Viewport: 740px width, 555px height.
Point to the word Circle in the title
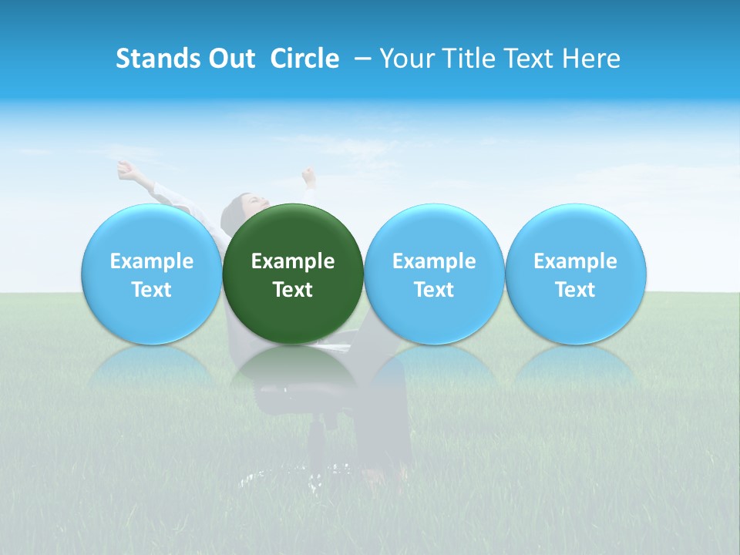coord(304,59)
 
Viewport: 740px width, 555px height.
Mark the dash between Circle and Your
coord(361,59)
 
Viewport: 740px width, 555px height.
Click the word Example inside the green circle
coord(293,261)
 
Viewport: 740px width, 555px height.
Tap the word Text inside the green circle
coord(293,290)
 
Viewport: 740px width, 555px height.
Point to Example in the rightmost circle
coord(575,261)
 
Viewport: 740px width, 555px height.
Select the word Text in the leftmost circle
coord(151,290)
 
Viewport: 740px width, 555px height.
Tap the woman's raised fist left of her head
coord(124,167)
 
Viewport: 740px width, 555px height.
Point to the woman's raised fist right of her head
coord(309,175)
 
